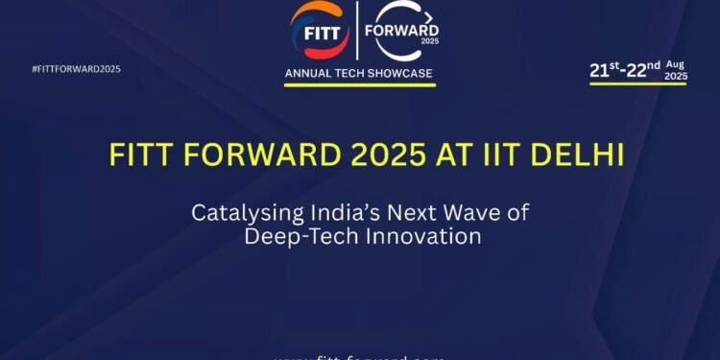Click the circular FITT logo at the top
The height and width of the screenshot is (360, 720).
pyautogui.click(x=319, y=29)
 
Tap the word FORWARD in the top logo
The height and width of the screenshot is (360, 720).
pyautogui.click(x=404, y=29)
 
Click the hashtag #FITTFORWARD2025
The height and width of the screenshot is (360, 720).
pyautogui.click(x=76, y=69)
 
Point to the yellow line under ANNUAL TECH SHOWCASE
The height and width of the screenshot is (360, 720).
pyautogui.click(x=360, y=84)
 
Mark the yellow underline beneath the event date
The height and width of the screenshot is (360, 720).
pyautogui.click(x=637, y=84)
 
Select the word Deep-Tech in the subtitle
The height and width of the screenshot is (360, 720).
pyautogui.click(x=291, y=236)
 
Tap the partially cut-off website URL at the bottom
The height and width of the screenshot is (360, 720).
pyautogui.click(x=359, y=356)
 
